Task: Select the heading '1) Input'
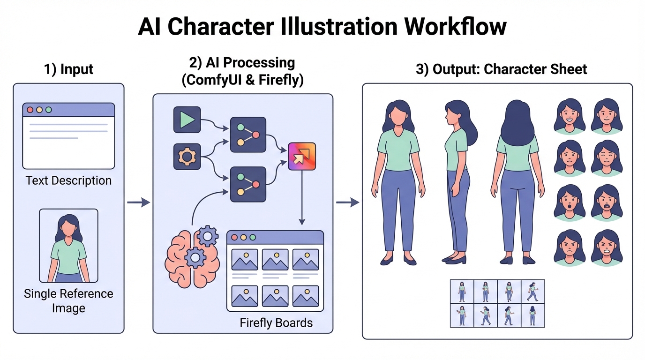tap(68, 69)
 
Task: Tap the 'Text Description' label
tap(68, 180)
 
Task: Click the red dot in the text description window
tap(30, 110)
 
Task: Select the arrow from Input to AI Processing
tap(138, 202)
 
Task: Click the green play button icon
tap(187, 120)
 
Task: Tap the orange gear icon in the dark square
tap(187, 157)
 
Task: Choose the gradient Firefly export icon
tap(301, 157)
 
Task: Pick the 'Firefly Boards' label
tap(276, 323)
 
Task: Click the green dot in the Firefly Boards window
tap(253, 238)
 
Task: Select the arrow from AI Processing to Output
tap(347, 202)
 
